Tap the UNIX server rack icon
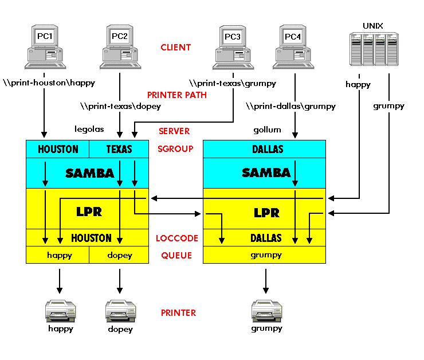pyautogui.click(x=373, y=52)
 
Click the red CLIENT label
pyautogui.click(x=175, y=48)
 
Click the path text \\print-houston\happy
pyautogui.click(x=49, y=83)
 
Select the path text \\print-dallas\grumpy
pyautogui.click(x=290, y=106)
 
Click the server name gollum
pyautogui.click(x=268, y=130)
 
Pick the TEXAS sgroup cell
pyautogui.click(x=119, y=149)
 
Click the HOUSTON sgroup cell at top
pyautogui.click(x=58, y=149)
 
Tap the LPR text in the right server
pyautogui.click(x=266, y=213)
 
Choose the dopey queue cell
pyautogui.click(x=119, y=255)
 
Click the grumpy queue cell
pyautogui.click(x=266, y=255)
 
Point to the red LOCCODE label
pyautogui.click(x=177, y=238)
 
